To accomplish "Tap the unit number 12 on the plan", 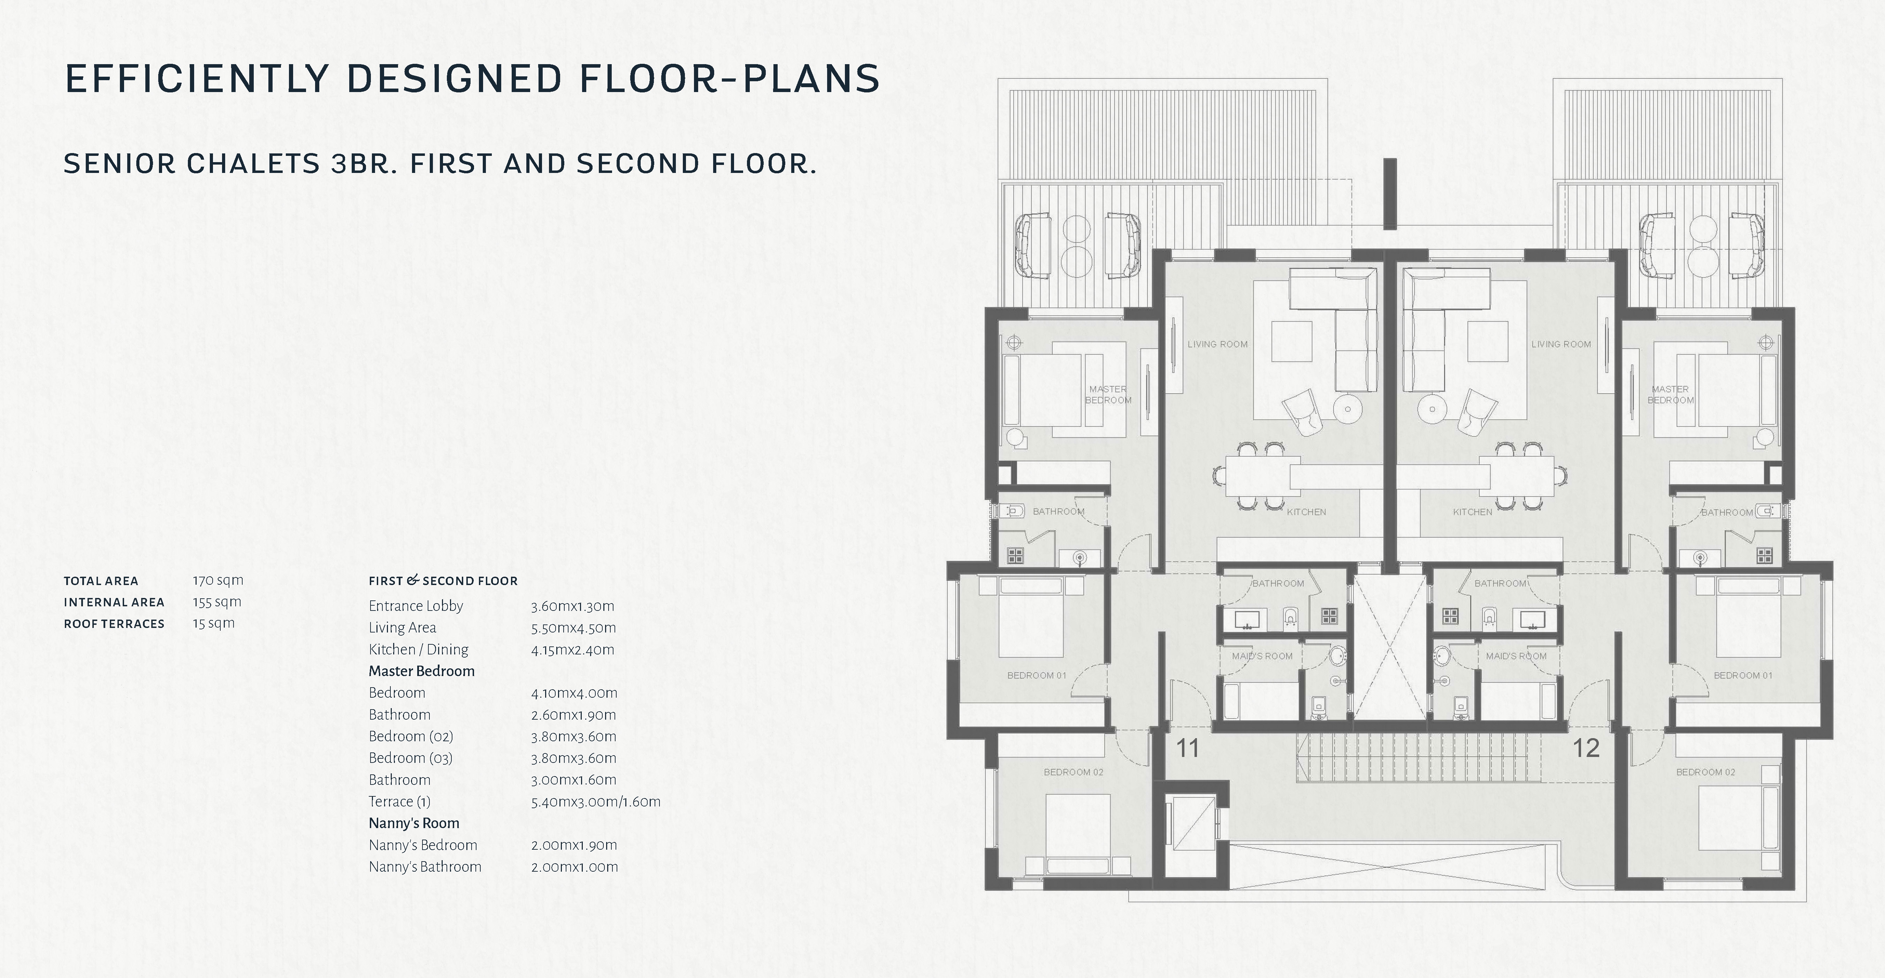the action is pos(1586,748).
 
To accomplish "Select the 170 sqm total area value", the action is pos(218,581).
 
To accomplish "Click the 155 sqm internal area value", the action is pos(216,602).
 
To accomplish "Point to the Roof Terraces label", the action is pos(114,624).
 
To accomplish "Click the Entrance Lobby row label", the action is pos(415,605).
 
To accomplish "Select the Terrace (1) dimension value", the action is pos(596,802).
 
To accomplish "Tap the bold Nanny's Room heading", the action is pos(414,823).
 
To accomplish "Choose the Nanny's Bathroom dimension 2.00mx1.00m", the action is pos(574,867).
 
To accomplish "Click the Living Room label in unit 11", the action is pos(1218,344).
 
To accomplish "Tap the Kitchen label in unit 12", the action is pos(1472,512).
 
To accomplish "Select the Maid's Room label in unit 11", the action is pos(1262,656).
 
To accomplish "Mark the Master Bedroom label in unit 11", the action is pos(1108,395).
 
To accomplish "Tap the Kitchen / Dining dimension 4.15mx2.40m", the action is pos(573,649).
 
